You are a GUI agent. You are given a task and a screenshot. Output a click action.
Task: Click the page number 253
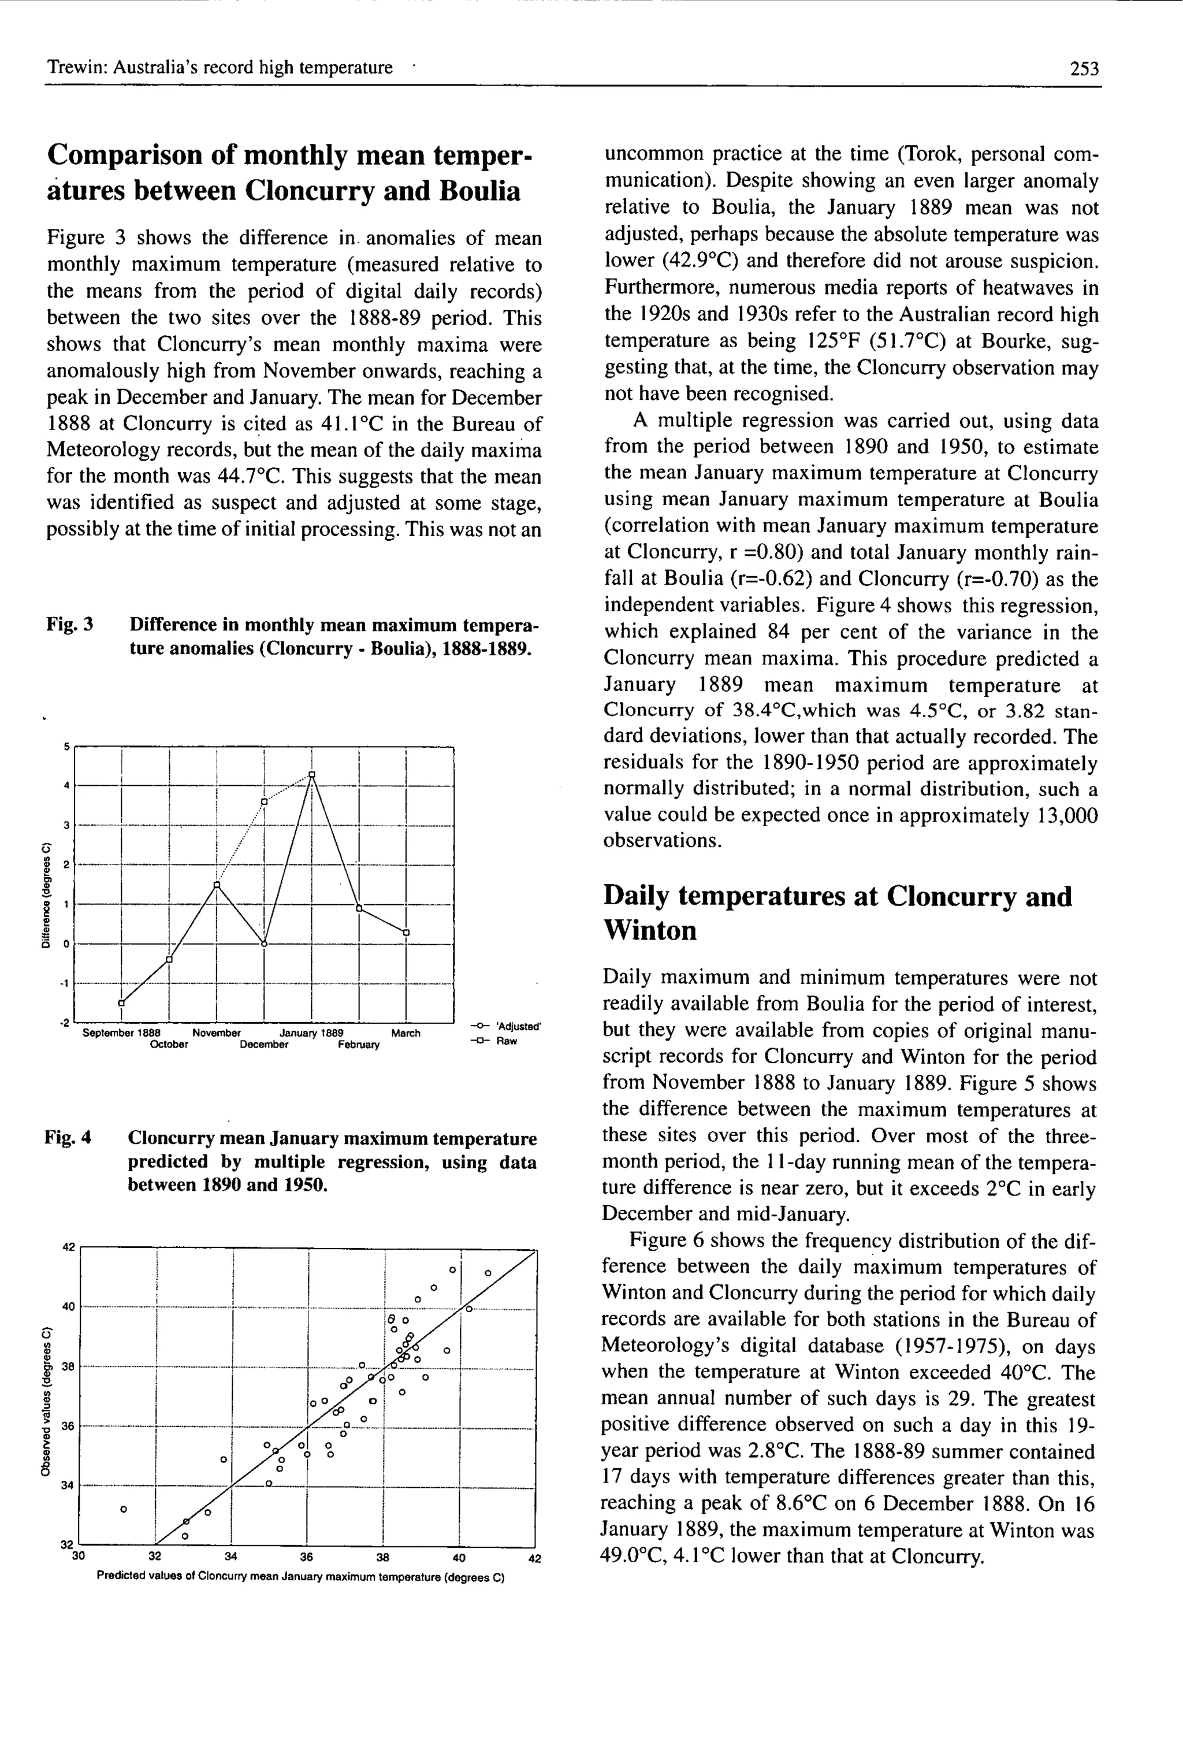pyautogui.click(x=1084, y=69)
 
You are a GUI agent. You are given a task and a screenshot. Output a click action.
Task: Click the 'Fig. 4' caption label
pyautogui.click(x=68, y=1138)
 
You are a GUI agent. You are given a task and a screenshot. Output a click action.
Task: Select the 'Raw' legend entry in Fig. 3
pyautogui.click(x=506, y=1041)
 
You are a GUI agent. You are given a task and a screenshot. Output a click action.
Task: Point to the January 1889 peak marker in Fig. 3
pyautogui.click(x=312, y=774)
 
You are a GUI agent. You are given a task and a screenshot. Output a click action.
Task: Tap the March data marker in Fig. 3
pyautogui.click(x=406, y=932)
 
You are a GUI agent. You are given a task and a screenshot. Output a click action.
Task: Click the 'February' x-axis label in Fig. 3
pyautogui.click(x=358, y=1045)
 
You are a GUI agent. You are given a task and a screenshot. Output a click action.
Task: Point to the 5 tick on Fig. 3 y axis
pyautogui.click(x=66, y=747)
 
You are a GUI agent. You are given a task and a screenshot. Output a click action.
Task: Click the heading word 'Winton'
pyautogui.click(x=649, y=930)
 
